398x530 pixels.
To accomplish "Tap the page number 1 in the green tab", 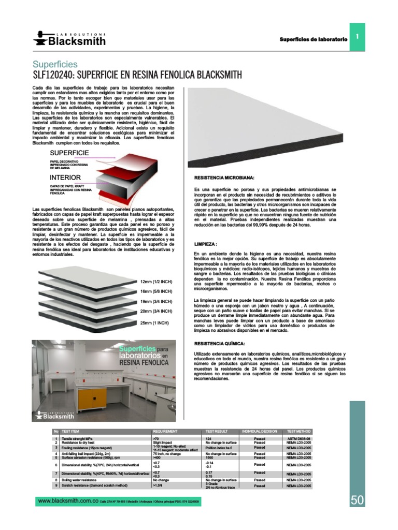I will [x=358, y=36].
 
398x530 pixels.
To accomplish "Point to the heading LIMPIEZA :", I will [x=205, y=243].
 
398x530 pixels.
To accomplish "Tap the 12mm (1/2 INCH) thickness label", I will [x=156, y=282].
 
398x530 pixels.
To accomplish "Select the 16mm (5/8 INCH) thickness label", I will [x=156, y=291].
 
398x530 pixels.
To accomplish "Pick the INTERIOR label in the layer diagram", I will [x=65, y=177].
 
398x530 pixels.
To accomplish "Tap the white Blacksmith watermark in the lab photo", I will [x=55, y=414].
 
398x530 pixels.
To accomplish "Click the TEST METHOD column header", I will [x=298, y=431].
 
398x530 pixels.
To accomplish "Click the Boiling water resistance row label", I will [x=79, y=480].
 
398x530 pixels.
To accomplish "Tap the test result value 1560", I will [x=210, y=458].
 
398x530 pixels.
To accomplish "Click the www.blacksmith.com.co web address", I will [x=68, y=501].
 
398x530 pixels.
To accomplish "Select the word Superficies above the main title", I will [x=55, y=65].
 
